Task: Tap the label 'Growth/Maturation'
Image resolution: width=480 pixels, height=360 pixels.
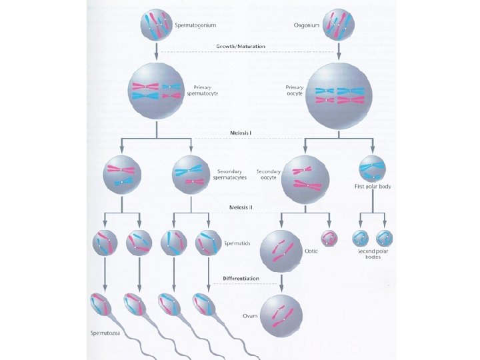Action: [x=241, y=47]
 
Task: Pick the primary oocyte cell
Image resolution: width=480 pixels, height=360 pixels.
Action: [x=339, y=94]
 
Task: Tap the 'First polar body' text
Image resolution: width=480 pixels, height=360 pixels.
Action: [x=373, y=187]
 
